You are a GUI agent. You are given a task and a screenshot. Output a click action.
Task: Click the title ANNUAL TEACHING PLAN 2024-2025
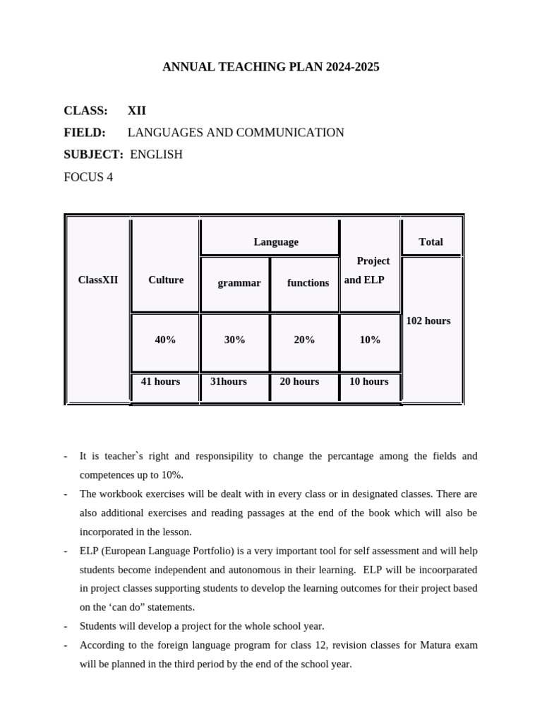(271, 67)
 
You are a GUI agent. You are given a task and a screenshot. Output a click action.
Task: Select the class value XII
(137, 111)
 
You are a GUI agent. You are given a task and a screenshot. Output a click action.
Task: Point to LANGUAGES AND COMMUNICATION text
(236, 133)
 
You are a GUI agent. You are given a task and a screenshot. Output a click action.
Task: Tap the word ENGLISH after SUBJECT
(157, 155)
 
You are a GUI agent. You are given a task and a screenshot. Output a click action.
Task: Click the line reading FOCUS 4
(88, 177)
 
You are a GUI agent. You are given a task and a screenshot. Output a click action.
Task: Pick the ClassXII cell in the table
(98, 280)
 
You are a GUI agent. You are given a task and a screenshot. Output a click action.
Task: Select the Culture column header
(166, 280)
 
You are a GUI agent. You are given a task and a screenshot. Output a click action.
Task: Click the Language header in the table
(276, 242)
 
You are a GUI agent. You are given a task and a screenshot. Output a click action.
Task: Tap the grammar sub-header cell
(239, 283)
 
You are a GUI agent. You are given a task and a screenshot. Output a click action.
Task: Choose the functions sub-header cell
(308, 283)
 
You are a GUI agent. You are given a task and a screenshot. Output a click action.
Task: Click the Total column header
(430, 242)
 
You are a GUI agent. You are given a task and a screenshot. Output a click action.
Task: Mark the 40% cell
(166, 340)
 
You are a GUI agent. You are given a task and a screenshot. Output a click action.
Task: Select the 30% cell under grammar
(235, 340)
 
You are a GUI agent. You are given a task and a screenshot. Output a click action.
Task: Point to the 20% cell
(304, 340)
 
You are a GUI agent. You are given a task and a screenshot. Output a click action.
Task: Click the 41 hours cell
(161, 381)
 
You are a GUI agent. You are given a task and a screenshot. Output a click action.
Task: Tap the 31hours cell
(229, 381)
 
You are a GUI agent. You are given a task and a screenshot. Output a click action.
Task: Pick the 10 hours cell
(369, 381)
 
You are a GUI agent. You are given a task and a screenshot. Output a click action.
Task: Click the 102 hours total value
(428, 321)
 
